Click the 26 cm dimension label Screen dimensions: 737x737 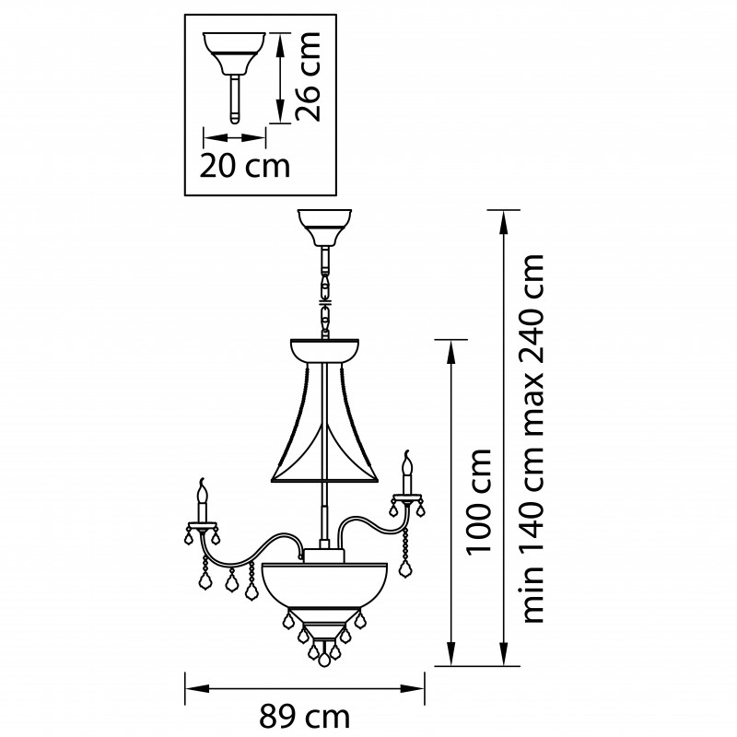click(309, 76)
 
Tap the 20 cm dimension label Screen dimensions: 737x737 click(245, 166)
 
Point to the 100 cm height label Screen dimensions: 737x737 click(478, 502)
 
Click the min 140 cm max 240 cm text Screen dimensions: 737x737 click(533, 439)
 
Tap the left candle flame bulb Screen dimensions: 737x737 click(203, 491)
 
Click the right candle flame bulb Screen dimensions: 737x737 click(406, 463)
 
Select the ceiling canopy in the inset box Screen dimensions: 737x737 click(234, 53)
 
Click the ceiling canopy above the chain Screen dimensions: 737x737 click(325, 228)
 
